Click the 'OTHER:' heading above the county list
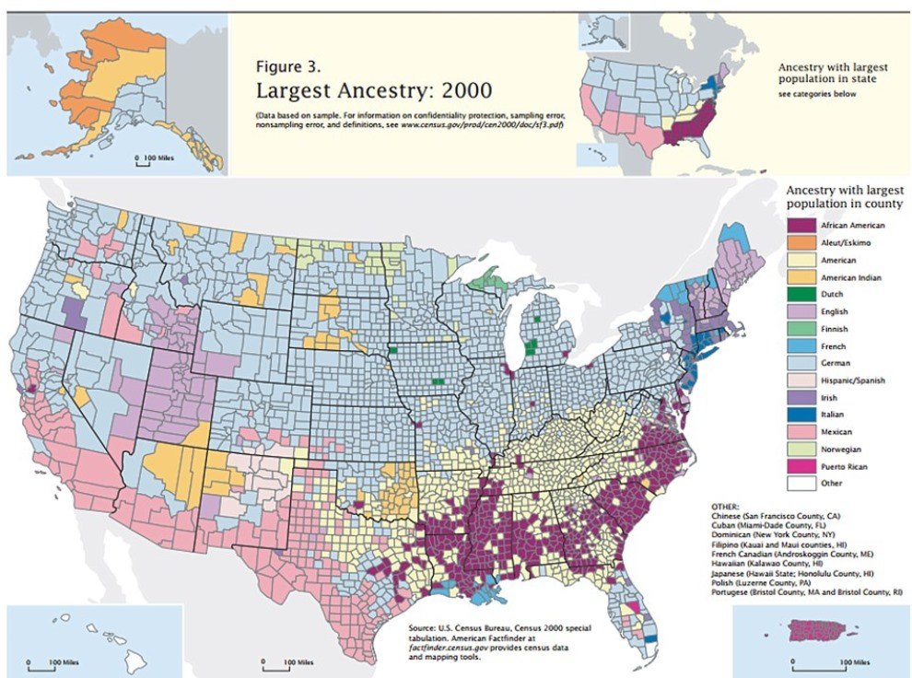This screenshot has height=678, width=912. pyautogui.click(x=726, y=508)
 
